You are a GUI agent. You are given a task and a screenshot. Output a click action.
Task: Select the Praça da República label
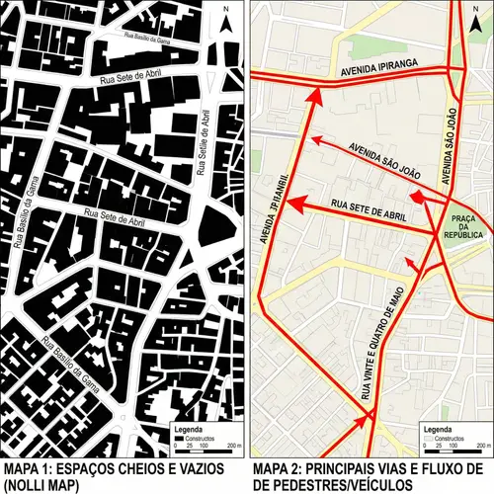465,225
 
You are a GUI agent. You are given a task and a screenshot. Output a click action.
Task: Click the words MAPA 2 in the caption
278,467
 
